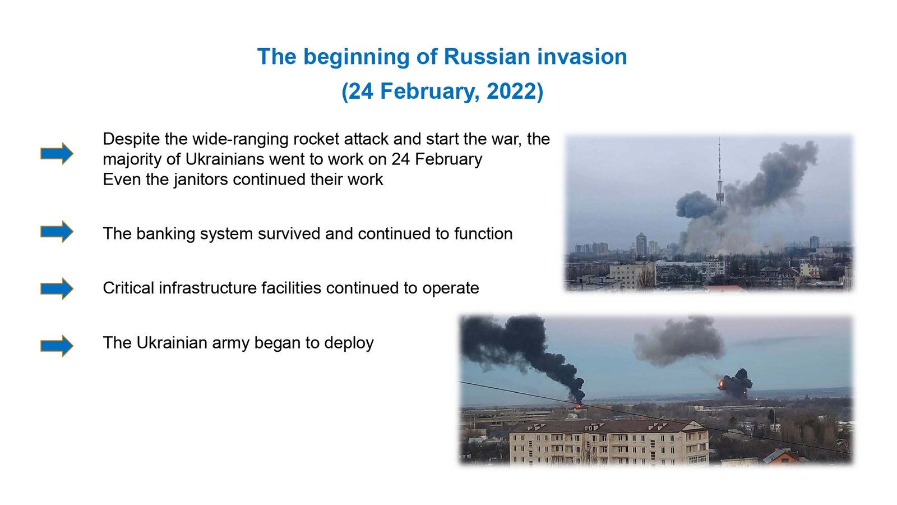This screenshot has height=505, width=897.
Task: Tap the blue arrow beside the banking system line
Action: [57, 231]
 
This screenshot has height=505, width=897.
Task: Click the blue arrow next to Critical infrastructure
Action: [57, 288]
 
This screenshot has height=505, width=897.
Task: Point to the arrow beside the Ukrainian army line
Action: [57, 346]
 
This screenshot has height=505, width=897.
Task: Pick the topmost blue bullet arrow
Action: [57, 153]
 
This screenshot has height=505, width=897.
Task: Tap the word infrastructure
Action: [240, 288]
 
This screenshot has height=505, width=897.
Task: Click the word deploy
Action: [349, 343]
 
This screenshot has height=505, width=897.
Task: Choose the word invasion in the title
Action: [582, 57]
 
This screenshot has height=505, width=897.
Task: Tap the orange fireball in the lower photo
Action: [722, 384]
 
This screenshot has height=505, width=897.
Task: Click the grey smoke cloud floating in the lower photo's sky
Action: [679, 341]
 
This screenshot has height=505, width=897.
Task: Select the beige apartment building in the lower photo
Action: [608, 443]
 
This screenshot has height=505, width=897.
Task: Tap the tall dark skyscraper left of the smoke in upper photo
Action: [641, 245]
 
